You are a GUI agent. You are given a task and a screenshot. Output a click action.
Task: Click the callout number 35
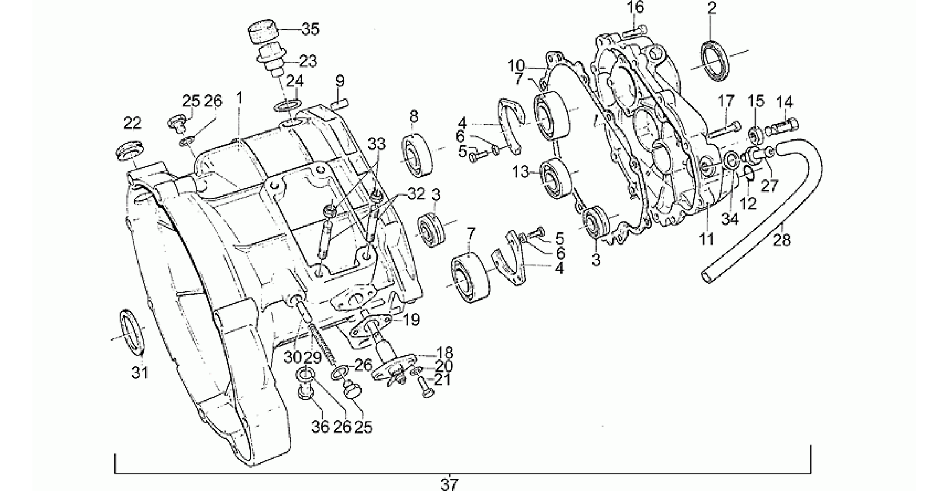tap(310, 29)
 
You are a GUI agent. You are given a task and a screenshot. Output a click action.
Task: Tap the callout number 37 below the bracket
tap(449, 485)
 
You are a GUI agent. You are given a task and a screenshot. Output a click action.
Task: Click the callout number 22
tap(132, 123)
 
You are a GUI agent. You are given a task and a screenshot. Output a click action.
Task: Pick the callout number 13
tap(521, 172)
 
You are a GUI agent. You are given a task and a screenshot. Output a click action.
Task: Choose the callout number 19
tap(411, 319)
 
